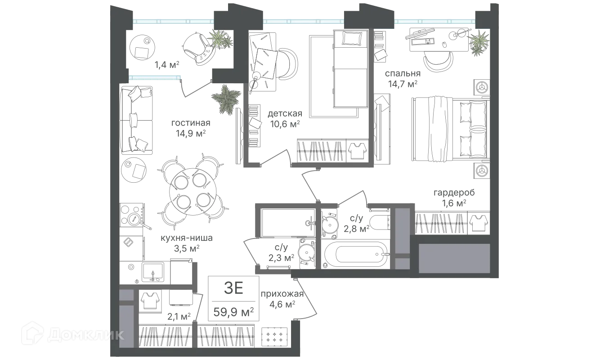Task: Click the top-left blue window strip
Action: [x=173, y=21]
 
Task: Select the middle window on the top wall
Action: [x=303, y=21]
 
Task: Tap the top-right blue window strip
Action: [x=434, y=21]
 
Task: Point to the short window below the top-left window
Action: [x=155, y=78]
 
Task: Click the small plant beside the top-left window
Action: [x=219, y=40]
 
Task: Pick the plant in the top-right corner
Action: [x=479, y=42]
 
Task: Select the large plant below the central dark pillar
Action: [x=226, y=100]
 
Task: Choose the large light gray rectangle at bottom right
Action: [x=454, y=258]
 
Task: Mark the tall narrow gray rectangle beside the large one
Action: [x=403, y=238]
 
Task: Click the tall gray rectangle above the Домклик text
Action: [x=126, y=319]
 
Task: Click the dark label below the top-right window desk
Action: [x=403, y=78]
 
